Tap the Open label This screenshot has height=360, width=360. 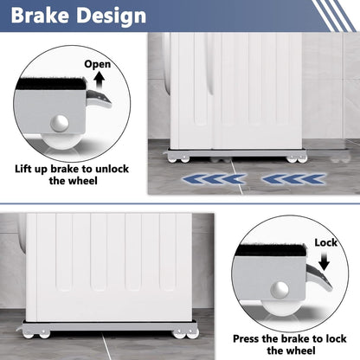tap(98, 64)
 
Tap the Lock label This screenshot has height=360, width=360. tap(325, 243)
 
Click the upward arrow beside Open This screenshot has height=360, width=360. tap(98, 80)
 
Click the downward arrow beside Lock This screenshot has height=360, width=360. tap(326, 260)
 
